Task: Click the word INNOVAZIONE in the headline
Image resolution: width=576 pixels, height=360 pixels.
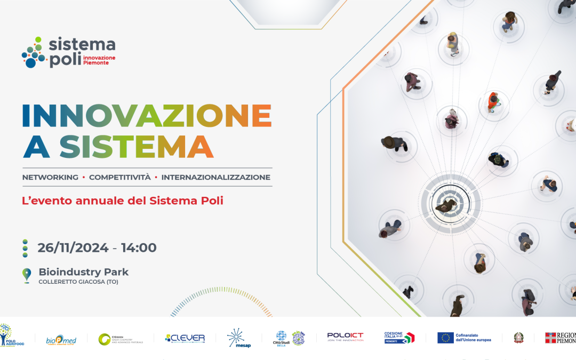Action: pyautogui.click(x=147, y=116)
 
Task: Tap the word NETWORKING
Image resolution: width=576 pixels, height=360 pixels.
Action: pyautogui.click(x=50, y=177)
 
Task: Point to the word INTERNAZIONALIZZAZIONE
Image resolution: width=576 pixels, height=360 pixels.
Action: pyautogui.click(x=215, y=177)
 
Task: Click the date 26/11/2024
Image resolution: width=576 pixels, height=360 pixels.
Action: pyautogui.click(x=73, y=248)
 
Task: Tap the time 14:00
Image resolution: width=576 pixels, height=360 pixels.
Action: pyautogui.click(x=139, y=248)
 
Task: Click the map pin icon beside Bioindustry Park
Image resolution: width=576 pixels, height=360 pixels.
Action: pyautogui.click(x=27, y=275)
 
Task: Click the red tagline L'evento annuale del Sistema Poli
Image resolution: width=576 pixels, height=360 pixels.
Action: pyautogui.click(x=122, y=201)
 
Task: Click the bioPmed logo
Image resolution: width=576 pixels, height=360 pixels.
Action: pyautogui.click(x=61, y=339)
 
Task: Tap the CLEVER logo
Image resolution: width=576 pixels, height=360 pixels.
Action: pyautogui.click(x=185, y=338)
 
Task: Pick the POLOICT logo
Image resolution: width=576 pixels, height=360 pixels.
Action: pyautogui.click(x=345, y=337)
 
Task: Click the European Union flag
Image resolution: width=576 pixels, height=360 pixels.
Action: pyautogui.click(x=445, y=338)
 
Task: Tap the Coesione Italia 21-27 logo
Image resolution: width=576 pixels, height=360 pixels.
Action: pyautogui.click(x=399, y=338)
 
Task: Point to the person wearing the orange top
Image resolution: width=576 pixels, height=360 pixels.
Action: pyautogui.click(x=492, y=101)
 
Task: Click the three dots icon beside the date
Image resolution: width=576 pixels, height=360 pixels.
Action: pyautogui.click(x=25, y=248)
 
